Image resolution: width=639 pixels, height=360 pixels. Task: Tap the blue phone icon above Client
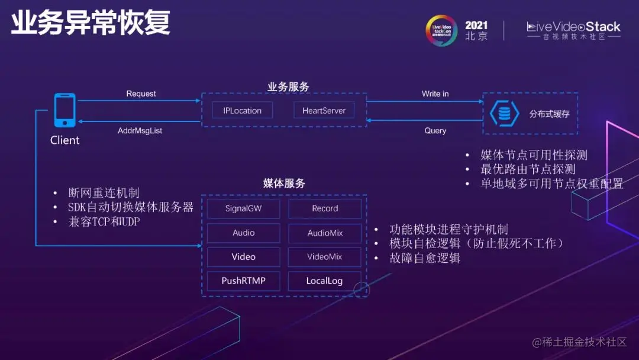[64, 110]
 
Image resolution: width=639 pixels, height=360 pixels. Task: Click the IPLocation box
[242, 110]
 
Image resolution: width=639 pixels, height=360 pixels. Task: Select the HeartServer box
[324, 110]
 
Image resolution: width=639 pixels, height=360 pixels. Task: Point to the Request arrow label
[141, 94]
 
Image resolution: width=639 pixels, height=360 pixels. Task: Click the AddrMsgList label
[140, 130]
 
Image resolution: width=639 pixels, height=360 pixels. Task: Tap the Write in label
[435, 94]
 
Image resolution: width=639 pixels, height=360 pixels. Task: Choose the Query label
[435, 130]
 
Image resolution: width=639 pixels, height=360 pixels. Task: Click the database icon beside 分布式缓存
[504, 113]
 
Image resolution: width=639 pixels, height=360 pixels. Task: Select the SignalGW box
[243, 208]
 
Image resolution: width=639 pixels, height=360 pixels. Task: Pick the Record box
[325, 208]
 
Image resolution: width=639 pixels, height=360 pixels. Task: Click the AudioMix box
[325, 233]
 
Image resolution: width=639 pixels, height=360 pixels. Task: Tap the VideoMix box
[325, 257]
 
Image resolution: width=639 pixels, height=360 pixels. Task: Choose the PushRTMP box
[243, 281]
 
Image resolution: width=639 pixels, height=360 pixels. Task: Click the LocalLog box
[325, 281]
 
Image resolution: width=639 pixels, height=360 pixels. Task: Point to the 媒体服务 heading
[284, 184]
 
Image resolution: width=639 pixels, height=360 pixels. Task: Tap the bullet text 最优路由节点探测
[528, 169]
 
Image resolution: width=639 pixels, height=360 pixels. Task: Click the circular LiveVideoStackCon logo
[441, 30]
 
